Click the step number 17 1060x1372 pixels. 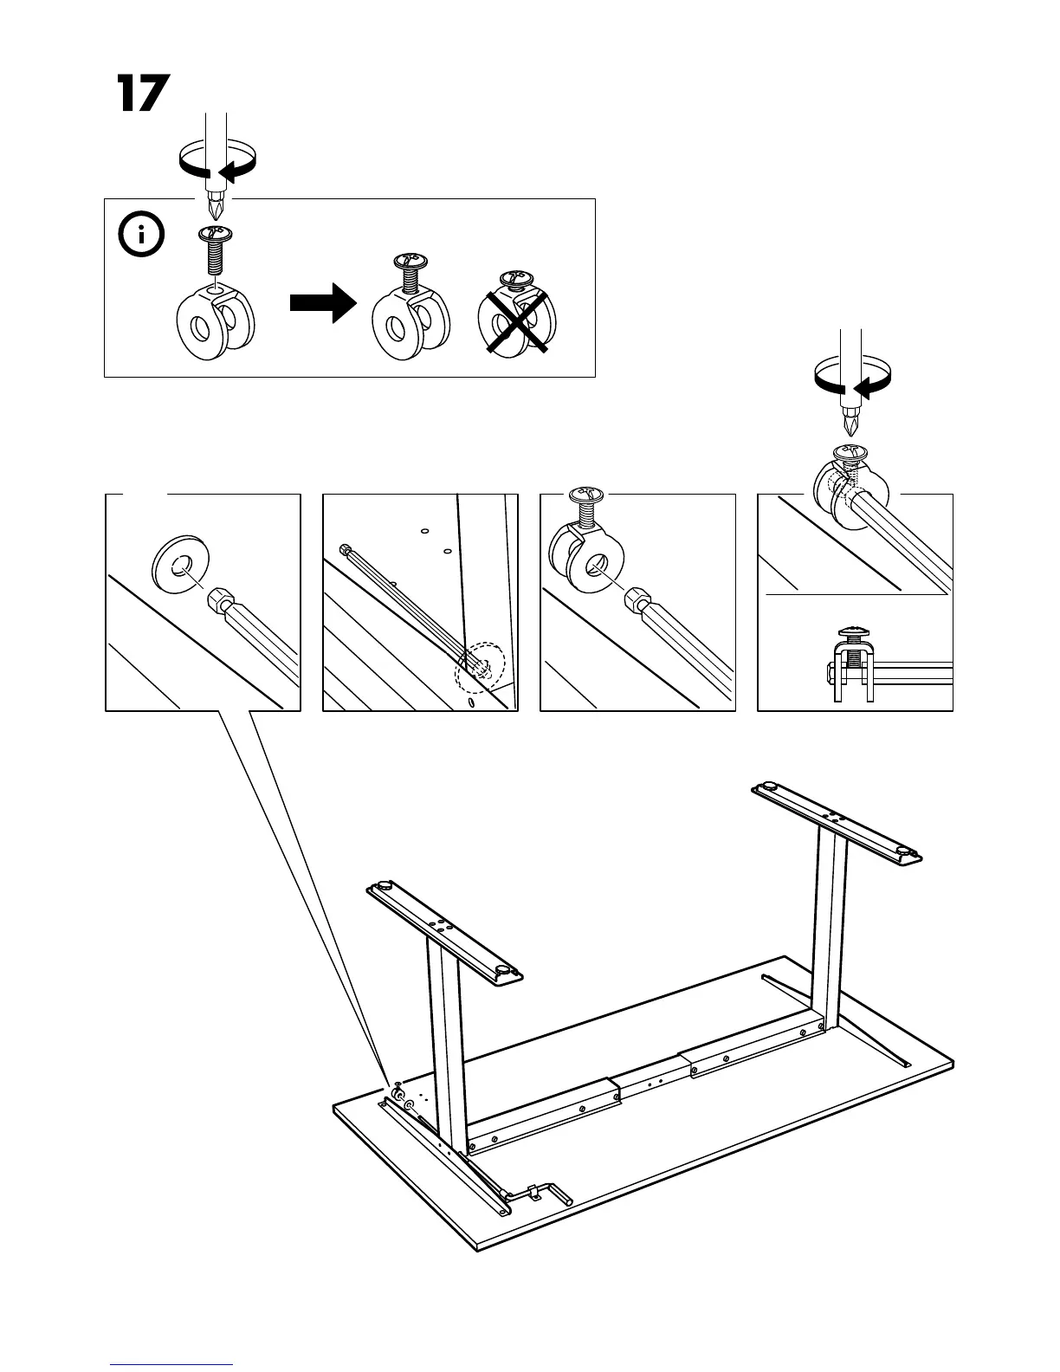[140, 94]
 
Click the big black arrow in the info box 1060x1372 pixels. [322, 306]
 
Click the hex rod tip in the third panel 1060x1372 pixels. [637, 599]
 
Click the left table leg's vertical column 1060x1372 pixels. [446, 1039]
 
